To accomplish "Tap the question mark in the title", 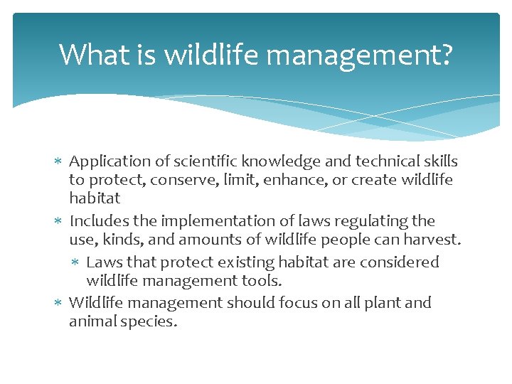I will [445, 54].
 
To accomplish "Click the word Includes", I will [97, 221].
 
